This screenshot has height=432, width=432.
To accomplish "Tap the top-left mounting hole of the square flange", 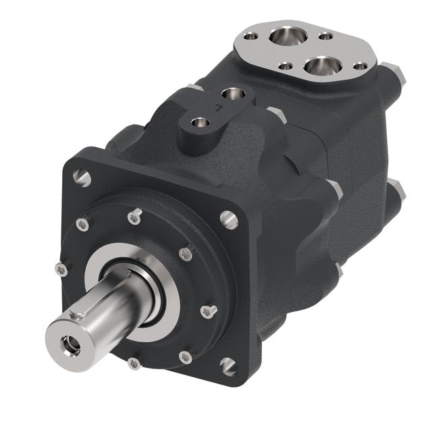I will click(82, 178).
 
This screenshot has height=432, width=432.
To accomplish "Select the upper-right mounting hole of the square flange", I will click(228, 219).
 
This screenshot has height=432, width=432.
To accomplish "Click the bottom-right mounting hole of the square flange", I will click(228, 366).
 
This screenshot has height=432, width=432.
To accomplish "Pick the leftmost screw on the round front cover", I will click(61, 269).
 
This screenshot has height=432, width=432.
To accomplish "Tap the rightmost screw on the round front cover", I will click(208, 311).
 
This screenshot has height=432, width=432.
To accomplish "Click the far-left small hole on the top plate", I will click(250, 35).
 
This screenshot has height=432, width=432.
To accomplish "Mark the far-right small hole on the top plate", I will click(360, 66).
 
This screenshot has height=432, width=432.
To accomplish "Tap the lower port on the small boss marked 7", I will click(200, 123).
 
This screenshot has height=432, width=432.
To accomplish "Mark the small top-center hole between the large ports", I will click(325, 36).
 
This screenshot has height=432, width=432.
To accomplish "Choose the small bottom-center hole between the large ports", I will click(286, 66).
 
